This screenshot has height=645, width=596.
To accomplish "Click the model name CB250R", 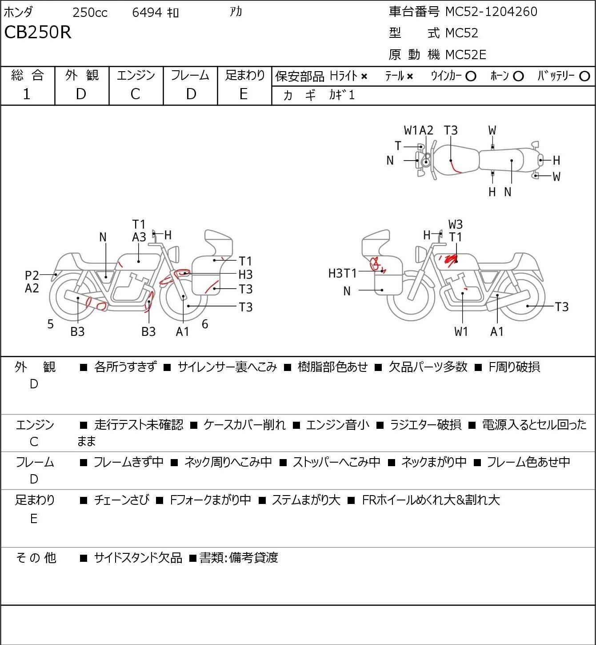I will (x=38, y=32).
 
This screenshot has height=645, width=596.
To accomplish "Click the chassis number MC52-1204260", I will (x=491, y=12).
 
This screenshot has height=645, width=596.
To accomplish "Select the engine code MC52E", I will (x=465, y=55).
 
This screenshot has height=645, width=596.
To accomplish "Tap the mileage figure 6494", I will (x=147, y=12).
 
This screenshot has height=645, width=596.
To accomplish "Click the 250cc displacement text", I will (x=90, y=12).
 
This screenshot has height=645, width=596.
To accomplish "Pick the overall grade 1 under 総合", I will (x=27, y=94).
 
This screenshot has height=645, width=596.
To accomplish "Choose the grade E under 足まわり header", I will (x=243, y=94).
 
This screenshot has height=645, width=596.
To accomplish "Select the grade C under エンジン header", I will (x=135, y=94).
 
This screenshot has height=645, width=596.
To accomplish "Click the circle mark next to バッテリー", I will (x=585, y=77).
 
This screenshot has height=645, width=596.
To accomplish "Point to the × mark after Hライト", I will (x=364, y=77).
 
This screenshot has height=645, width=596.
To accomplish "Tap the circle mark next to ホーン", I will (x=518, y=77).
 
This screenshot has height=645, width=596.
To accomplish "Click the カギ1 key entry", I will (x=342, y=95).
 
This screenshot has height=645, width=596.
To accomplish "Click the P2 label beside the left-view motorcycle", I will (x=32, y=276).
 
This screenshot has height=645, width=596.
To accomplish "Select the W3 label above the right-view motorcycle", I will (x=456, y=225).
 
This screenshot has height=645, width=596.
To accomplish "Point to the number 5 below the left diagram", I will (x=51, y=324).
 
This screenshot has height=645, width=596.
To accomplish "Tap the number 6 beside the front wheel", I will (x=205, y=324).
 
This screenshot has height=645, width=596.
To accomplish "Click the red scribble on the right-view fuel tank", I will (x=448, y=260).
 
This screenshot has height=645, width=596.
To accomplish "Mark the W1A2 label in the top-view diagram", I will (x=418, y=130).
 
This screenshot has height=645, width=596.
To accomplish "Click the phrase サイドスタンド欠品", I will (x=138, y=558).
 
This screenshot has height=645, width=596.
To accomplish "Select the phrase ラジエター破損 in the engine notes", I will (x=425, y=425).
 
